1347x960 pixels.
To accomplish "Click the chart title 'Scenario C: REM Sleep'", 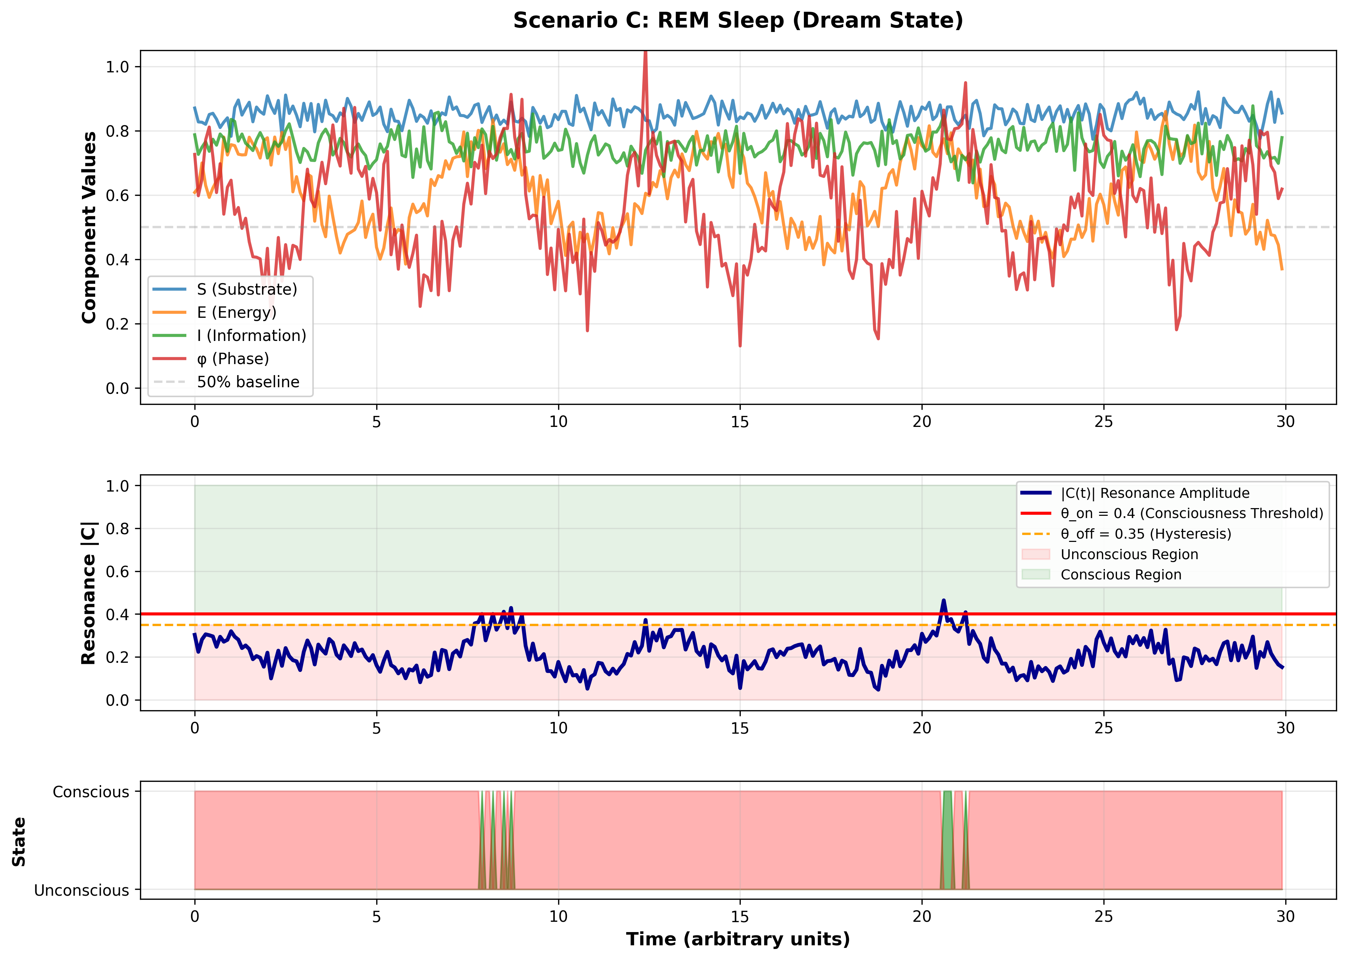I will (738, 21).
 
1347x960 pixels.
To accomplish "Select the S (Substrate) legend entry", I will (247, 289).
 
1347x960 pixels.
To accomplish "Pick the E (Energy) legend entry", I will (236, 312).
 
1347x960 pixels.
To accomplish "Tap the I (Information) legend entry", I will (251, 336).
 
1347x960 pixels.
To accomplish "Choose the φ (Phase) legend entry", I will (233, 359).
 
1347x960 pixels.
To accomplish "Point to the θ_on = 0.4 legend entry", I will (1191, 513).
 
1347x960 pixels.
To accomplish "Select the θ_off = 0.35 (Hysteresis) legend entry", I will (1145, 534).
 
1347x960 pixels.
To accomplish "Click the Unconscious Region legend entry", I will (1129, 554).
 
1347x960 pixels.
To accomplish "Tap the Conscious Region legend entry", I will (1121, 575).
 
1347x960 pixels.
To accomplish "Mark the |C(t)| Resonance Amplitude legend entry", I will (1155, 493).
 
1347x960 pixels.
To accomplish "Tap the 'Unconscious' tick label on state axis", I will (82, 890).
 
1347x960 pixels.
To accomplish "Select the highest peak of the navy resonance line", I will (943, 601).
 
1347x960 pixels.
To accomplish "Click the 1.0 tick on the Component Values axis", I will (117, 67).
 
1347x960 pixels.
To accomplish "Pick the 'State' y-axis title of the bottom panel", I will (19, 842).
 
